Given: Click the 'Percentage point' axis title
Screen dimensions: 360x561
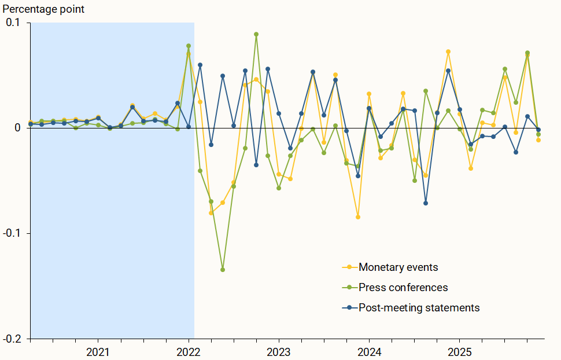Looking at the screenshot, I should pyautogui.click(x=44, y=9).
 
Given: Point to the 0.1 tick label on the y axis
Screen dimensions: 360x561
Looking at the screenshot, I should pyautogui.click(x=13, y=23).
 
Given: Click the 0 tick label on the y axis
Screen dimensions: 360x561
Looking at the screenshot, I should pyautogui.click(x=17, y=128).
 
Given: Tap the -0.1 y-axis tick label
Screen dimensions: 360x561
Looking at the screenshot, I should pyautogui.click(x=11, y=233).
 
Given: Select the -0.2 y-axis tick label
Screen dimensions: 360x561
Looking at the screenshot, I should pyautogui.click(x=11, y=339).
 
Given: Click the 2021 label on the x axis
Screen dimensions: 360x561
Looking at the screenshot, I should pyautogui.click(x=98, y=352).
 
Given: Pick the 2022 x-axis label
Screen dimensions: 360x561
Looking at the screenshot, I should pyautogui.click(x=189, y=352).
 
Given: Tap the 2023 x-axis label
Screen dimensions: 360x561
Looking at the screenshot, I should pyautogui.click(x=279, y=352).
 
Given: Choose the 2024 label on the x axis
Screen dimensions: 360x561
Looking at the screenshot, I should pyautogui.click(x=369, y=352).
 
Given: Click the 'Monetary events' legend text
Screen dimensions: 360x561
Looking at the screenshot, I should pyautogui.click(x=398, y=267).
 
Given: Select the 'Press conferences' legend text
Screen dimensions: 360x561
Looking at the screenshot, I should pyautogui.click(x=403, y=288).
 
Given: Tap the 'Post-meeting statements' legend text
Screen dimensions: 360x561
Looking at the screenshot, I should pyautogui.click(x=419, y=308).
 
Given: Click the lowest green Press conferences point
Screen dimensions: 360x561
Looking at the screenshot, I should pyautogui.click(x=223, y=270).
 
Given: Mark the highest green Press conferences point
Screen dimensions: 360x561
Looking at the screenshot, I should pyautogui.click(x=256, y=34).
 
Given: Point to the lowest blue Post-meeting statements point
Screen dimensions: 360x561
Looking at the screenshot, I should pyautogui.click(x=426, y=203).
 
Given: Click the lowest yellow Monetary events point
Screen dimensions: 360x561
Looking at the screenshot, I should pyautogui.click(x=358, y=217).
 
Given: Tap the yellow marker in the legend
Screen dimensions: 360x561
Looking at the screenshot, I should pyautogui.click(x=349, y=267).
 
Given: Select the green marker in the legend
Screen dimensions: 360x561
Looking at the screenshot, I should pyautogui.click(x=349, y=288).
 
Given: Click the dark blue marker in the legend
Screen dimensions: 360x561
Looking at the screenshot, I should pyautogui.click(x=349, y=308).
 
